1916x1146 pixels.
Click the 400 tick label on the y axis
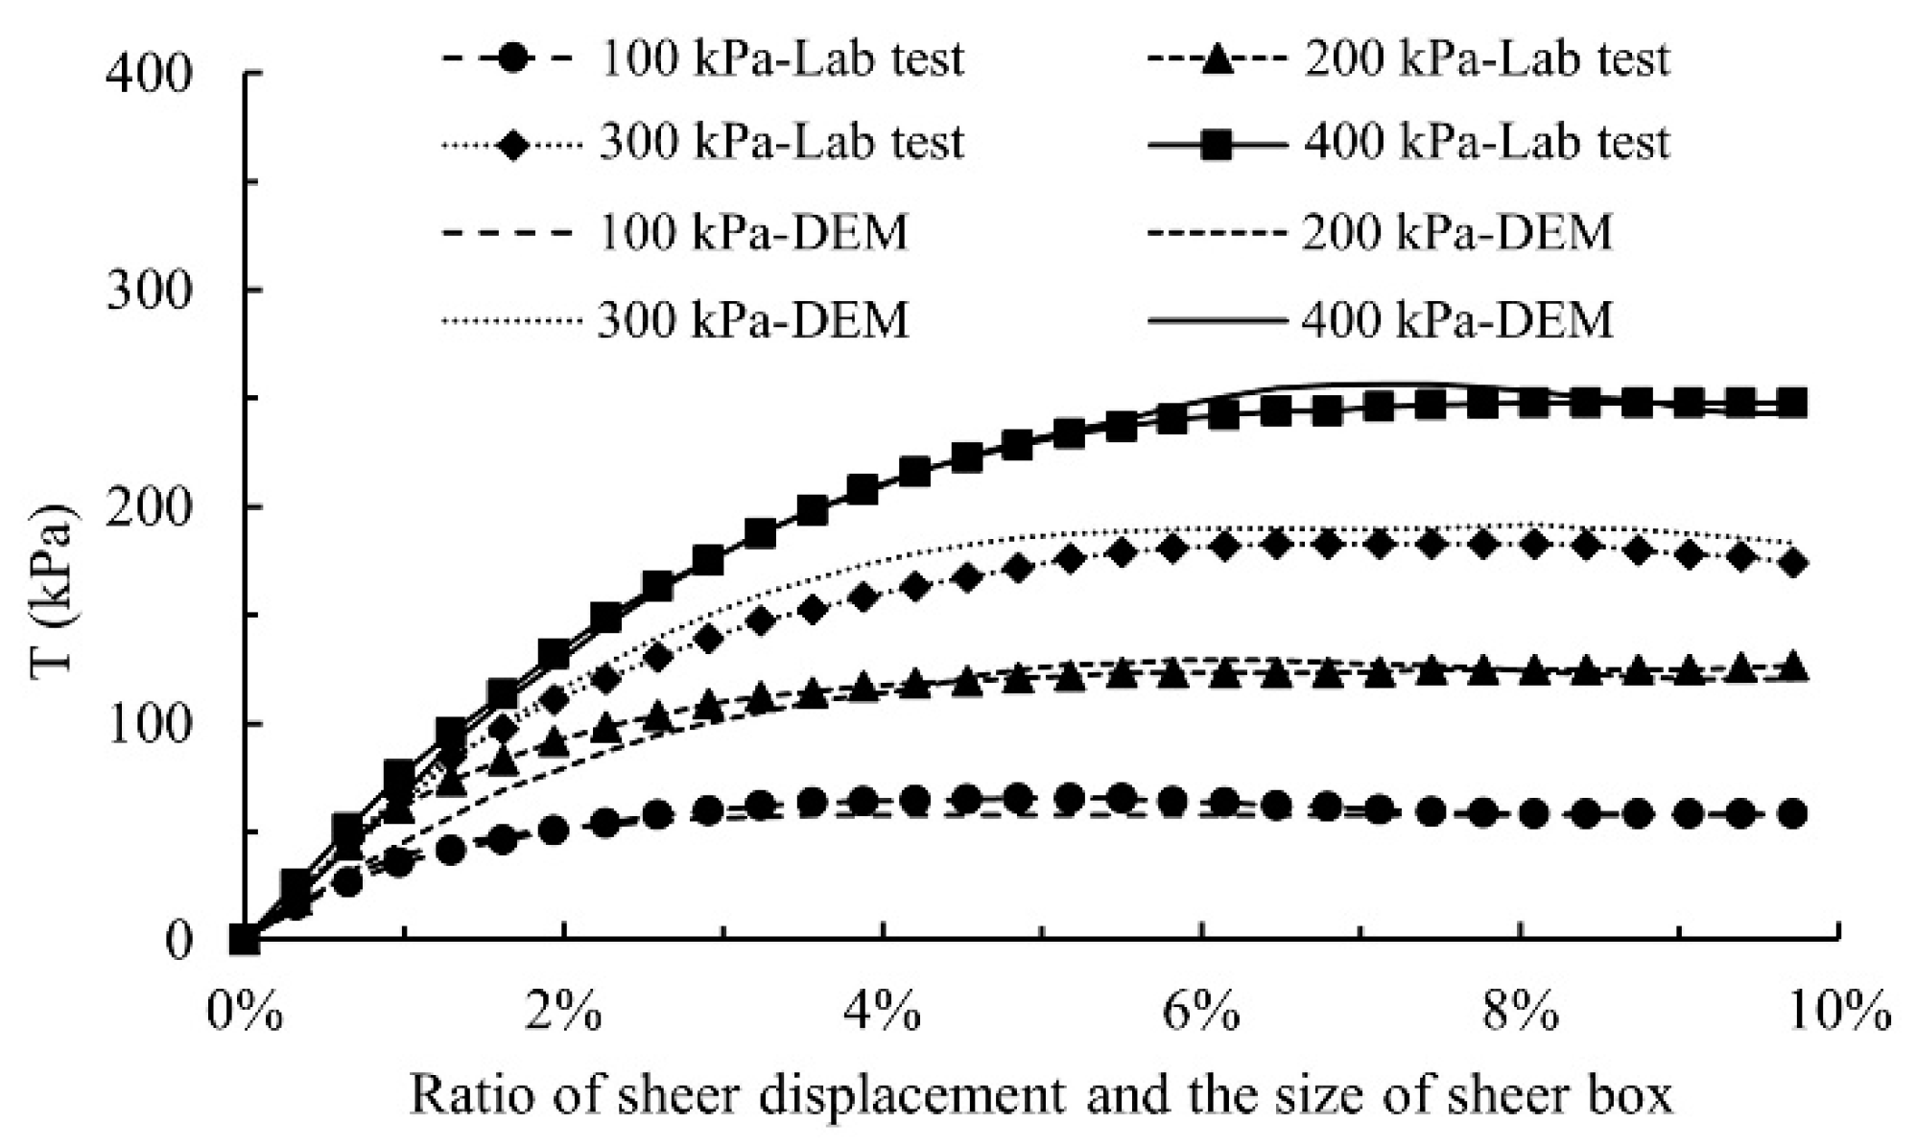point(149,75)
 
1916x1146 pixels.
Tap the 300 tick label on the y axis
point(149,291)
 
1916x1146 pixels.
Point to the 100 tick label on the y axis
point(149,724)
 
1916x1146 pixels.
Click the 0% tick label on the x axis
point(246,1013)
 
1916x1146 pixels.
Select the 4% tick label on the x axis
point(883,1013)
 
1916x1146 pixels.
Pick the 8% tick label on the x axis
point(1520,1013)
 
